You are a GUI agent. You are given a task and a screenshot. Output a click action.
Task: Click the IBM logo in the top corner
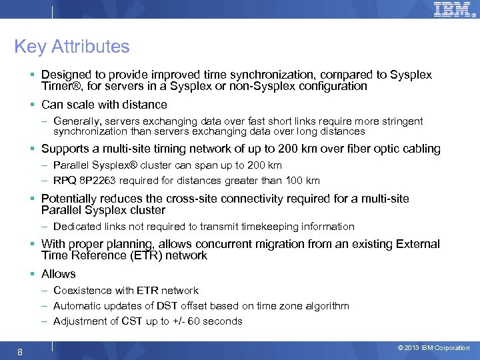453,9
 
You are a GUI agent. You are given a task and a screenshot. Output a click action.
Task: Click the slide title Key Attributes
72,47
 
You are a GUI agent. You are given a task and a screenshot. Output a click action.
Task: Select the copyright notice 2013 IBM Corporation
433,348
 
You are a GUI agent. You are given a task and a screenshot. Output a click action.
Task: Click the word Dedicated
76,227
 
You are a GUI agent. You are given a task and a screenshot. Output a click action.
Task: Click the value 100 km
303,181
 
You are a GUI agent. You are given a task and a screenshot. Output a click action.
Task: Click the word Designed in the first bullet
64,75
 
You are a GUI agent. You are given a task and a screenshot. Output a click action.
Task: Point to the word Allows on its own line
59,274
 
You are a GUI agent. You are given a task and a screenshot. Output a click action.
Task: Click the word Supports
65,149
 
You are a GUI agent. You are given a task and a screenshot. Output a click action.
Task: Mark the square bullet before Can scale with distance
33,105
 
